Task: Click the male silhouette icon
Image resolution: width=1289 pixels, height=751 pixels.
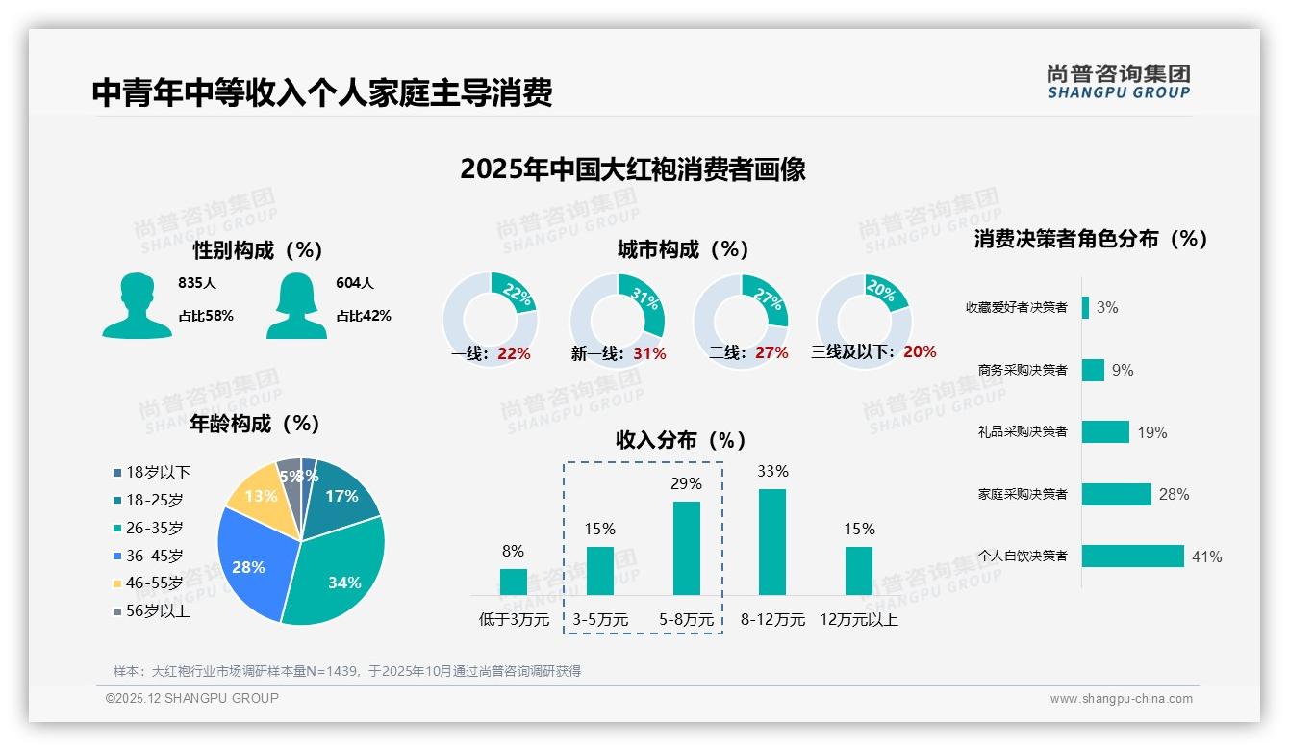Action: (x=137, y=306)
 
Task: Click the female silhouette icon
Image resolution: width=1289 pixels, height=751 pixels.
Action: (x=296, y=306)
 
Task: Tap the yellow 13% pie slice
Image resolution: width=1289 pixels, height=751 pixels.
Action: (x=257, y=493)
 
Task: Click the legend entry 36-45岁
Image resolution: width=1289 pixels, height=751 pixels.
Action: (x=154, y=556)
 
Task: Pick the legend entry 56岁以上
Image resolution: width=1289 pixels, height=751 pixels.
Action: (x=158, y=610)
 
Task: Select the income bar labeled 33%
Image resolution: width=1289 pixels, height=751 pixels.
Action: (x=772, y=542)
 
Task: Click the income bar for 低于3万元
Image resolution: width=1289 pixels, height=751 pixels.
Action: (x=514, y=582)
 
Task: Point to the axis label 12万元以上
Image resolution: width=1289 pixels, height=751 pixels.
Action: (x=859, y=620)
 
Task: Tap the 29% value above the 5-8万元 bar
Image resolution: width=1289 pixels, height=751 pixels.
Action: (x=686, y=483)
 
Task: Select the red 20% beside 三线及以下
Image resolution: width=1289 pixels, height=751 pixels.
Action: (x=920, y=352)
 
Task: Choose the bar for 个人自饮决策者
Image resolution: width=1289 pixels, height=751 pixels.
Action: (x=1132, y=556)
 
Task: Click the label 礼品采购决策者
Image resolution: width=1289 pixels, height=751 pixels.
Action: (x=1022, y=432)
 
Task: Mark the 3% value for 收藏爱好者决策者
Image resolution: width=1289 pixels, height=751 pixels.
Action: (x=1107, y=308)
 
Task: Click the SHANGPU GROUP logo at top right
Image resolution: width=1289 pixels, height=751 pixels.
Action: (x=1118, y=82)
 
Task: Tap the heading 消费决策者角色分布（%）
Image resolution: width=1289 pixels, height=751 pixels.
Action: (x=1091, y=239)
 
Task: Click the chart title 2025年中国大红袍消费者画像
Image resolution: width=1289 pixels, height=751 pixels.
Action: (x=632, y=169)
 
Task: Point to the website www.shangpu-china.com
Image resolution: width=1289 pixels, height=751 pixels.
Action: (x=1121, y=699)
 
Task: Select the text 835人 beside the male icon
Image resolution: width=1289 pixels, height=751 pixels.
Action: (x=197, y=283)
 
